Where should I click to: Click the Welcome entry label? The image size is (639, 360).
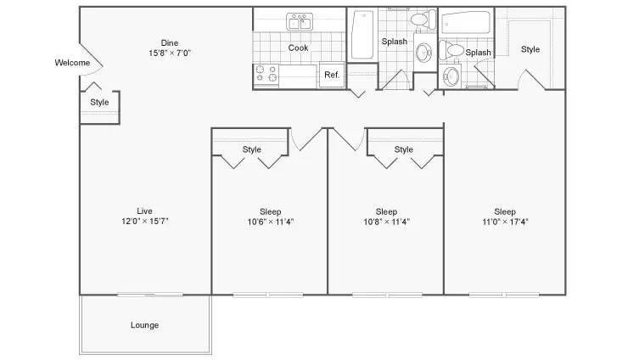pos(72,63)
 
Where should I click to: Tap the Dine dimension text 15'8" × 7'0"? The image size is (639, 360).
pos(170,53)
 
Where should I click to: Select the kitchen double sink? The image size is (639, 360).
pos(300,21)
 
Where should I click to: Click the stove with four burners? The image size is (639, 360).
pos(266,75)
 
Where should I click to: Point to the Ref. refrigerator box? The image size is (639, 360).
pos(332,75)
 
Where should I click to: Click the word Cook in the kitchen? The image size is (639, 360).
pos(299,48)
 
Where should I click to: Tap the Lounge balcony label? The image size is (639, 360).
pos(144,325)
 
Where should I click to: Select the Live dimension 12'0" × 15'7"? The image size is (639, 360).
pos(144,222)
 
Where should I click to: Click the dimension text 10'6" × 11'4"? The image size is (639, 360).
pos(271,222)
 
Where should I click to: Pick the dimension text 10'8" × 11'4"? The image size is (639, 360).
pos(387,222)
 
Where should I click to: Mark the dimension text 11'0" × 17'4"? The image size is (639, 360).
pos(505,222)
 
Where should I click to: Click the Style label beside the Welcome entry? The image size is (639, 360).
pos(99,102)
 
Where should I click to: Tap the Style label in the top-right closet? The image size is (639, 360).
pos(530,49)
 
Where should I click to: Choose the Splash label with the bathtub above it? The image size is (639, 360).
pos(478,53)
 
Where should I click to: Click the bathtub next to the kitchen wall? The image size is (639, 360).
pos(362,35)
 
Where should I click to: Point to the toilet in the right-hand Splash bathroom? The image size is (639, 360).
pos(451,50)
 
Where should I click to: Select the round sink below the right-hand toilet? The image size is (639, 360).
pos(451,76)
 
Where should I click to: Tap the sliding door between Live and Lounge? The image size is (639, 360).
pos(149,295)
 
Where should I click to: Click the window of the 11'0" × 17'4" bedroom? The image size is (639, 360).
pos(504,295)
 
